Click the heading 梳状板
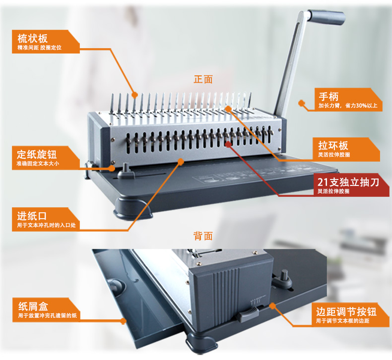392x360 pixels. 32,39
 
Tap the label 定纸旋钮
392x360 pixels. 37,154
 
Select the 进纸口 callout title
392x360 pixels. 32,216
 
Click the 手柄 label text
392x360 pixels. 328,96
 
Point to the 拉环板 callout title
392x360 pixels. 333,145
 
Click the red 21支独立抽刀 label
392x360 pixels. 348,182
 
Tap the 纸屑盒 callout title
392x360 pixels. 33,306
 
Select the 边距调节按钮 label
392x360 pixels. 346,311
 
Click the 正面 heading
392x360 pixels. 203,79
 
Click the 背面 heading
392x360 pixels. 203,236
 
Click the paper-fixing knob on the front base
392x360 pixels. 126,171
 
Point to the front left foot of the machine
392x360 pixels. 132,209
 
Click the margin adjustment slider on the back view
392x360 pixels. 247,314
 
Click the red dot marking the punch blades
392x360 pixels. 228,144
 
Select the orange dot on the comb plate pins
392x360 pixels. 134,95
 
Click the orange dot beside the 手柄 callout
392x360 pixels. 301,103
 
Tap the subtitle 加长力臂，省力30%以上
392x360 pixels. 348,106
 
